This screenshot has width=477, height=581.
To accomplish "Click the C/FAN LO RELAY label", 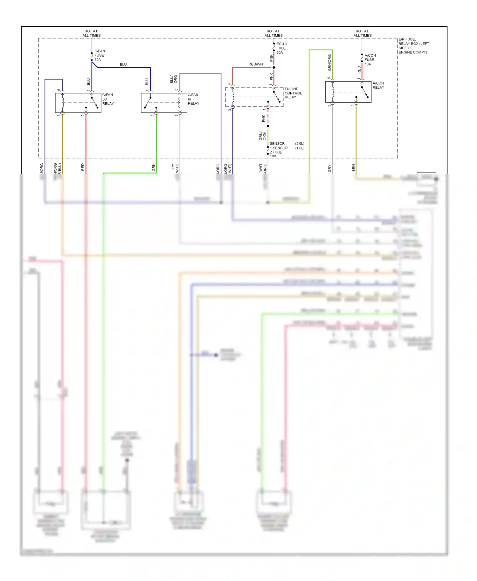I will click(108, 99).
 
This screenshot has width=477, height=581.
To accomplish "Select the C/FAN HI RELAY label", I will click(193, 99).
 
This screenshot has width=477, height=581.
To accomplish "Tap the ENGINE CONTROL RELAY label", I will click(293, 93).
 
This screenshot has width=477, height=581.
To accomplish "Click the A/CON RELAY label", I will click(378, 85).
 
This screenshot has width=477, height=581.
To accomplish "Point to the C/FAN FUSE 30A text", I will click(99, 55).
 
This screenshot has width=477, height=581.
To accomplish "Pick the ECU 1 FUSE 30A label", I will click(281, 48).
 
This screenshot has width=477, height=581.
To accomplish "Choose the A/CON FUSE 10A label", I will click(370, 60).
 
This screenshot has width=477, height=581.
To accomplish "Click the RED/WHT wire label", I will click(256, 64).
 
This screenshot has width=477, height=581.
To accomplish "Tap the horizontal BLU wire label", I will click(123, 65).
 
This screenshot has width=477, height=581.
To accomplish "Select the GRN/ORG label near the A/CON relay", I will click(329, 63).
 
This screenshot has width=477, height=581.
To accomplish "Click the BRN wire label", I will click(353, 168).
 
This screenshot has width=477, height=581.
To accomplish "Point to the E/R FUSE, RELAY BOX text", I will click(413, 46).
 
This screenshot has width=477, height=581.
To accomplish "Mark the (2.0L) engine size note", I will click(300, 144).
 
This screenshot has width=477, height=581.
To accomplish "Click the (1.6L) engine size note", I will click(300, 148).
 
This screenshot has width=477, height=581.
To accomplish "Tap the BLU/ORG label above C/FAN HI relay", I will click(173, 79).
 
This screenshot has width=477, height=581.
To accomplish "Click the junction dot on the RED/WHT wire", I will click(274, 67).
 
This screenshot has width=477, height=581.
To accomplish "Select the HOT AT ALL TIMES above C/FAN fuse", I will click(91, 33).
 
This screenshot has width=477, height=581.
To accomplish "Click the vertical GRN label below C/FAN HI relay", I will click(154, 167).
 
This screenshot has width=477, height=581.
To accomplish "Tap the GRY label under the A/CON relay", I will click(329, 168).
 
